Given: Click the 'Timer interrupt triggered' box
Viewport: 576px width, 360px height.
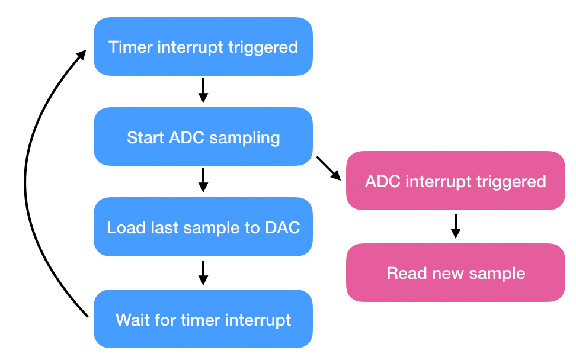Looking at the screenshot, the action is click(x=203, y=47).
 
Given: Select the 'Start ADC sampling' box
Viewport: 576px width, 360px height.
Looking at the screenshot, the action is click(x=203, y=137).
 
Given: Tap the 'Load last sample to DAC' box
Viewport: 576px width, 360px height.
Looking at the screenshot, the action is click(x=203, y=227).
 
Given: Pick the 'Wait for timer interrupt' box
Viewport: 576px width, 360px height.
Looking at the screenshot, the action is click(x=203, y=319).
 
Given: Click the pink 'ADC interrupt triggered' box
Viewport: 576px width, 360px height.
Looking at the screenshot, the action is click(x=456, y=181).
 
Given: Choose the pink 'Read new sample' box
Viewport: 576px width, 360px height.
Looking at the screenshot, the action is click(x=456, y=272).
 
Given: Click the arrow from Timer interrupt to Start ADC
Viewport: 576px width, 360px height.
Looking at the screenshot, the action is click(x=203, y=90).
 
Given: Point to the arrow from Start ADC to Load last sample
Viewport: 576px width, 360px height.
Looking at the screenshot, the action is click(x=203, y=180).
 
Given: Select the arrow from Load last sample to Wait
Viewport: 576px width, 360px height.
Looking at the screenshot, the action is click(x=203, y=272).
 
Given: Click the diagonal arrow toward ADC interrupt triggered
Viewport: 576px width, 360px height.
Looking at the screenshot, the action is click(x=329, y=168).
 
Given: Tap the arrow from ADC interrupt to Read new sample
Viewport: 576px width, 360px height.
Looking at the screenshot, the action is click(x=456, y=226).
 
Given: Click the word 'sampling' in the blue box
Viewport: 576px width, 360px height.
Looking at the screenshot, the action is click(x=245, y=139).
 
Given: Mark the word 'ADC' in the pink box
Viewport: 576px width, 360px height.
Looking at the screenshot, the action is click(x=382, y=181).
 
